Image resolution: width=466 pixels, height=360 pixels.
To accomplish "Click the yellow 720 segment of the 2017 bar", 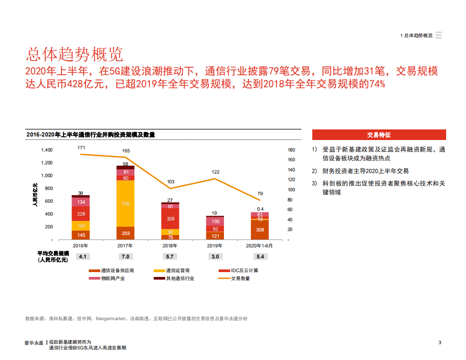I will point(125,204).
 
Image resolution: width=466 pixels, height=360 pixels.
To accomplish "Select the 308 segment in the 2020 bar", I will point(260,230).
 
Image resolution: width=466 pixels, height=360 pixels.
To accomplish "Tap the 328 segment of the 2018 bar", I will point(170,219).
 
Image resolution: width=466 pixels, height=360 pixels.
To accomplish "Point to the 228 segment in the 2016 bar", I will point(81,214).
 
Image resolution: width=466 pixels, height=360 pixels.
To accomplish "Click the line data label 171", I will point(81,147).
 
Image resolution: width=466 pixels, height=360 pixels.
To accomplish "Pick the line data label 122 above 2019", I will point(216,172).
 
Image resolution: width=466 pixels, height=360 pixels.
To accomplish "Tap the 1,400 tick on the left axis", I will point(47,150).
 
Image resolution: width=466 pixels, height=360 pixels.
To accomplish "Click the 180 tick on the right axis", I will point(291,150).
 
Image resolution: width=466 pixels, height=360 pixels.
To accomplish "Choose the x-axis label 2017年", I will point(125,246).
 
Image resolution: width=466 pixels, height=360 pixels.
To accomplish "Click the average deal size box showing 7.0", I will point(125,257).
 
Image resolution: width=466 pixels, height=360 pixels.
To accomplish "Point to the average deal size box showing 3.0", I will point(215,257).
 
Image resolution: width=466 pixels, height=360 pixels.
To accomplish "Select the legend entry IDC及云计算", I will point(244,270).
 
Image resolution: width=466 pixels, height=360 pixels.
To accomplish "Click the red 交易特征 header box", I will point(379,135).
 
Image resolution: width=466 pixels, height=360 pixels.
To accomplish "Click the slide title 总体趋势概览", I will point(74,54).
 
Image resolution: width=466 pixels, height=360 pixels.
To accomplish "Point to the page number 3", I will point(440,342).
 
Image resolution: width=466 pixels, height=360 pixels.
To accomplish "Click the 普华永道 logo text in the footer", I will point(34,342).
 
